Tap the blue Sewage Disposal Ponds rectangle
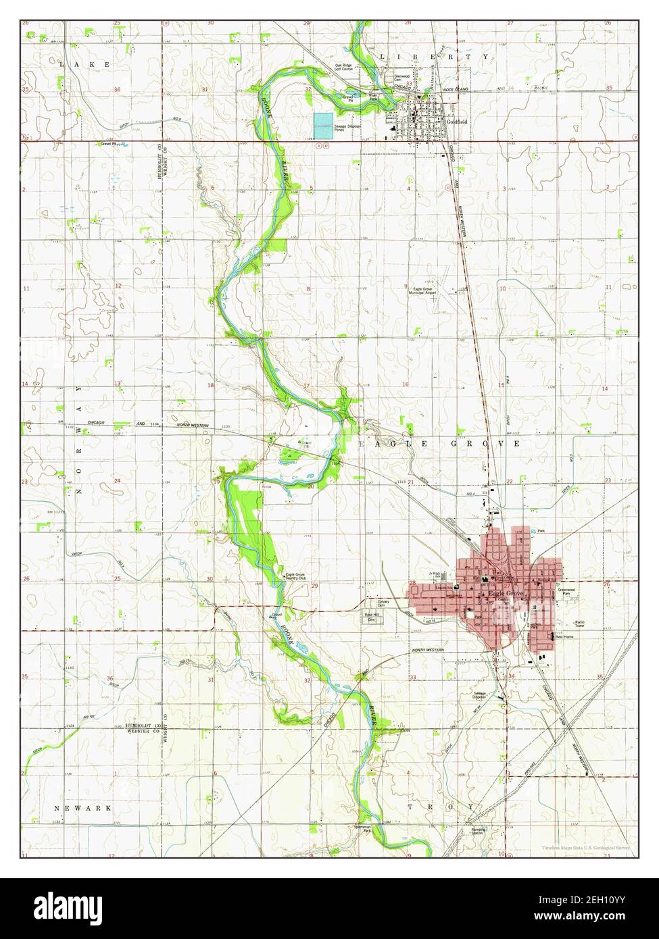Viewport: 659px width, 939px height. click(324, 123)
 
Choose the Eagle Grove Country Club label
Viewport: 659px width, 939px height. click(296, 577)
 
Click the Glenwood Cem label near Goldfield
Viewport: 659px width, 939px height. click(402, 78)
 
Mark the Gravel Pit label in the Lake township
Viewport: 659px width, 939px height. click(109, 144)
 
